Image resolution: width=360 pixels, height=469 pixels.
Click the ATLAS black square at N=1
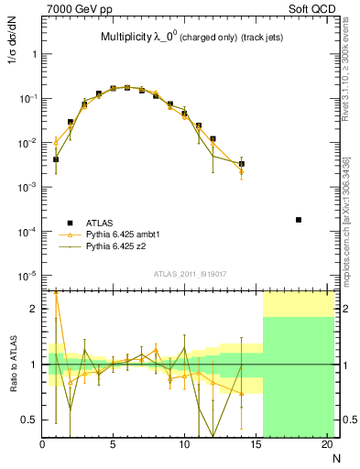click(56, 159)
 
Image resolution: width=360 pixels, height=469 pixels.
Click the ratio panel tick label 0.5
click(29, 420)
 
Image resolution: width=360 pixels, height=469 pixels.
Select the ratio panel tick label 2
click(34, 309)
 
